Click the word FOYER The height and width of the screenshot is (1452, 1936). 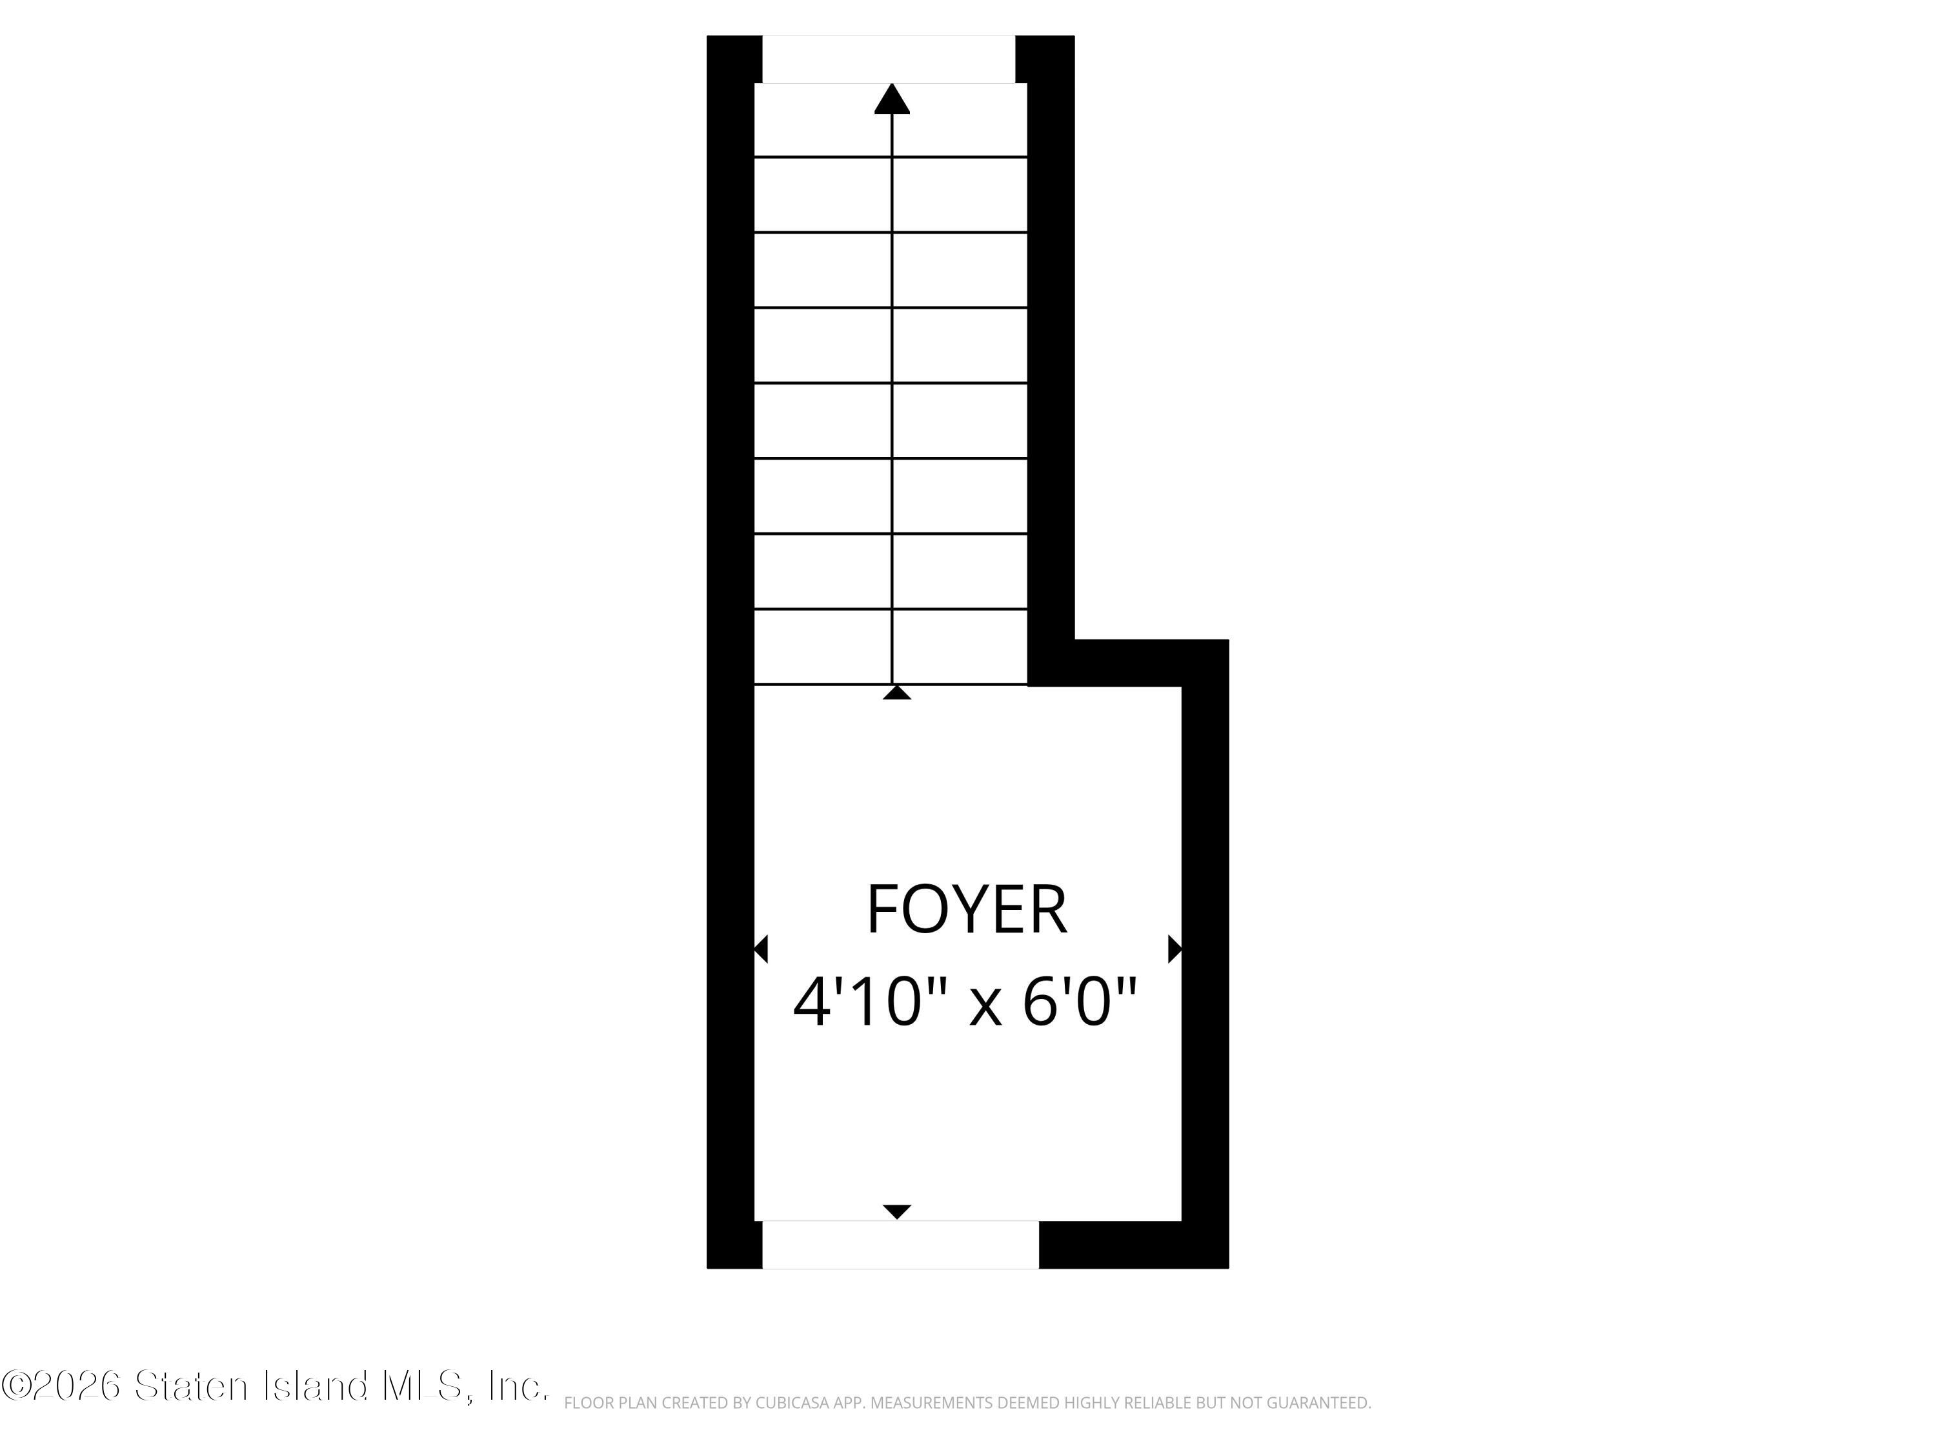coord(966,909)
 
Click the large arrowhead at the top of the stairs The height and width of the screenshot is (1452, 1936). coord(892,99)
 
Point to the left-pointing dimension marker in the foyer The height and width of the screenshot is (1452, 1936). coord(761,949)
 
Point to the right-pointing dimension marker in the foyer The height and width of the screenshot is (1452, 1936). coord(1175,949)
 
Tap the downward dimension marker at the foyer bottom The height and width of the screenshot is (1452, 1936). coord(897,1212)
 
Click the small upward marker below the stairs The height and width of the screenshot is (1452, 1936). coord(897,692)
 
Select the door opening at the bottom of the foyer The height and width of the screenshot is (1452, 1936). coord(901,1245)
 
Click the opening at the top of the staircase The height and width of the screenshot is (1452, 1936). coord(889,59)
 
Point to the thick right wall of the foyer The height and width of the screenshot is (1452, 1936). coord(1206,953)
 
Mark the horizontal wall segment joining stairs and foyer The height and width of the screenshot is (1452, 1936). coord(1128,663)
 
